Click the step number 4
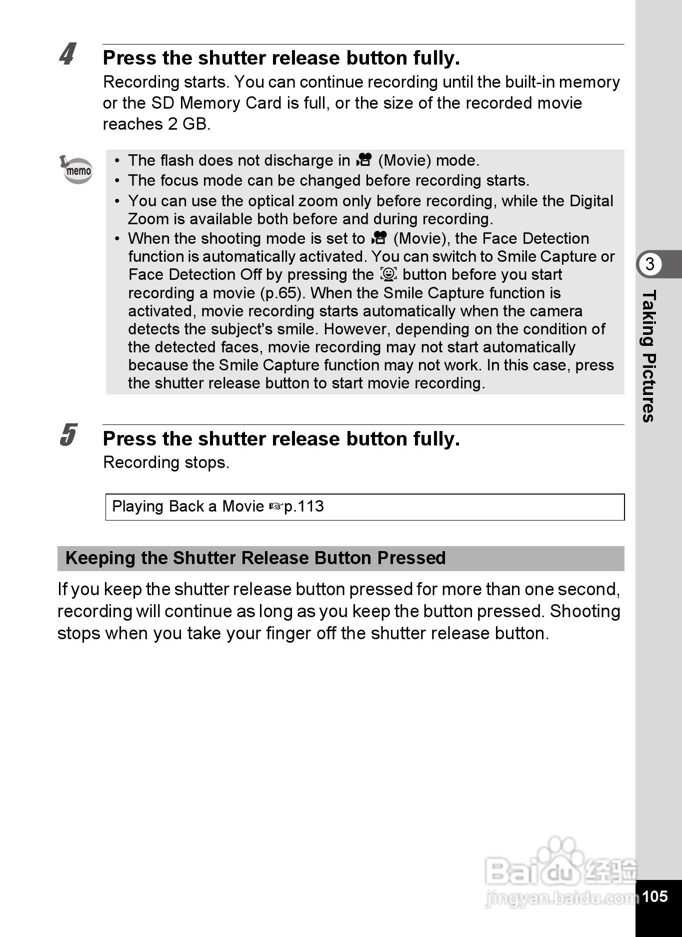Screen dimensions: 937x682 tap(67, 54)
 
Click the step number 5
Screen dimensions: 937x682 tap(68, 434)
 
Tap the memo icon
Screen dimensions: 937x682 tap(76, 170)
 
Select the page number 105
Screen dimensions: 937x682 tap(654, 896)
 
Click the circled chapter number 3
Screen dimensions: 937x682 tap(649, 264)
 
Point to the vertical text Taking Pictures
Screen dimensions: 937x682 tap(649, 356)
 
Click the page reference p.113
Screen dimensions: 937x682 tap(304, 507)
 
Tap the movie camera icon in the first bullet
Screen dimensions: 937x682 tap(364, 160)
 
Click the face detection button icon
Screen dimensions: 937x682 tap(388, 274)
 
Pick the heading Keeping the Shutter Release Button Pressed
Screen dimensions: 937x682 tap(255, 558)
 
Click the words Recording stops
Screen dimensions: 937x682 tap(166, 462)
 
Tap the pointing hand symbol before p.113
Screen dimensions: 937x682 tap(275, 507)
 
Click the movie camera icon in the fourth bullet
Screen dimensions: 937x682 tap(379, 238)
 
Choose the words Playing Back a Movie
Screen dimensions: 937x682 tap(188, 507)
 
